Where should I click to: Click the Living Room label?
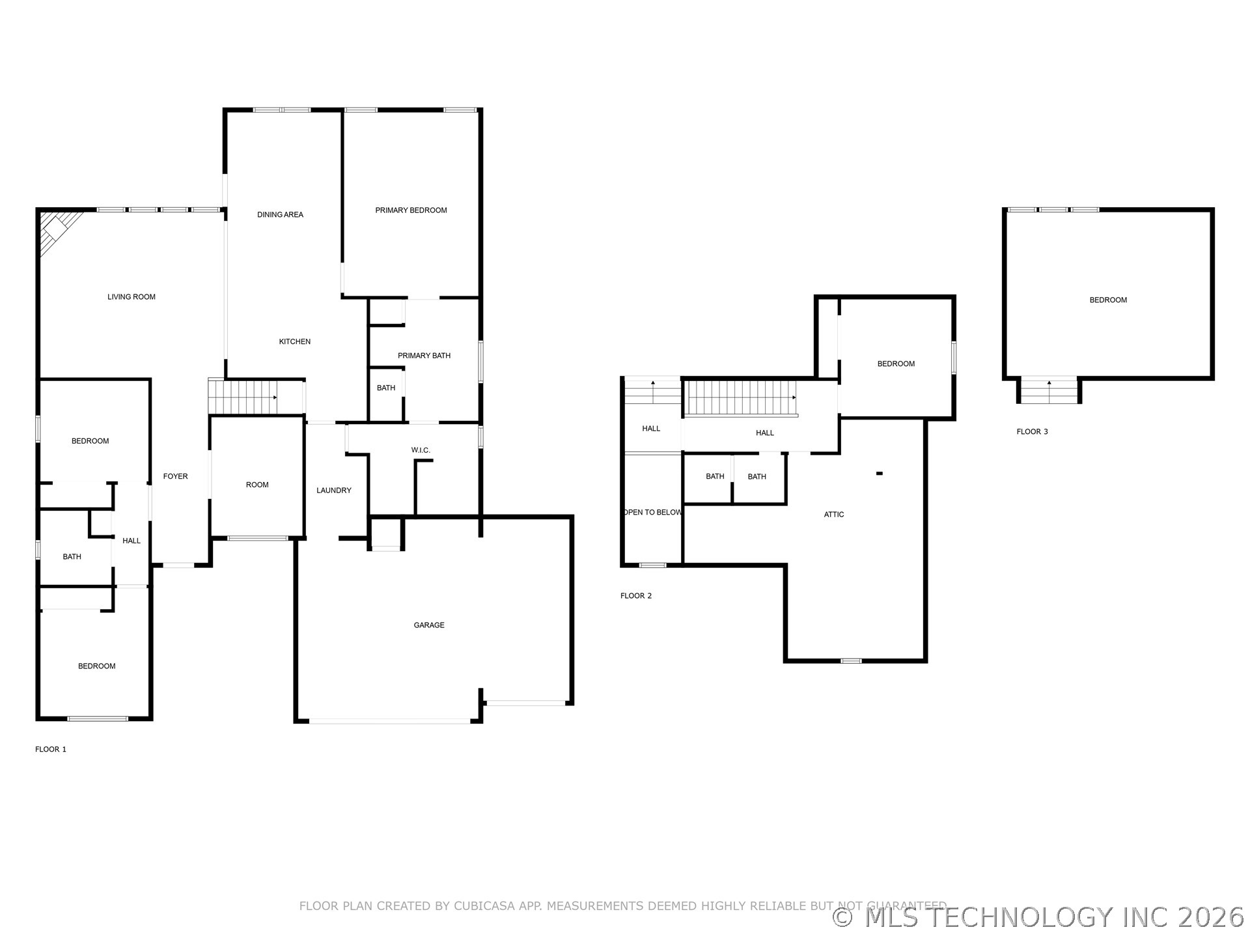pyautogui.click(x=132, y=297)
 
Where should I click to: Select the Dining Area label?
pyautogui.click(x=280, y=214)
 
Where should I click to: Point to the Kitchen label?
pyautogui.click(x=295, y=341)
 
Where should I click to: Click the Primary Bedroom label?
pyautogui.click(x=411, y=210)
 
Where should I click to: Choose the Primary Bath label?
pyautogui.click(x=424, y=356)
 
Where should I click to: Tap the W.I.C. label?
pyautogui.click(x=421, y=450)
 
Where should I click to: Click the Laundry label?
pyautogui.click(x=334, y=490)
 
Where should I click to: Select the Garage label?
pyautogui.click(x=429, y=625)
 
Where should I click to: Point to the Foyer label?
pyautogui.click(x=175, y=477)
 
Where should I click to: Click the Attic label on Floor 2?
pyautogui.click(x=834, y=515)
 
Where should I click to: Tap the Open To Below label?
pyautogui.click(x=652, y=513)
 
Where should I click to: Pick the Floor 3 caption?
pyautogui.click(x=1033, y=432)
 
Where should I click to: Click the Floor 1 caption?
pyautogui.click(x=51, y=750)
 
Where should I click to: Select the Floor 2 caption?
pyautogui.click(x=636, y=596)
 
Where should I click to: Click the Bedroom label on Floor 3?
pyautogui.click(x=1108, y=300)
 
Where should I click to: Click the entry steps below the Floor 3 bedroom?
pyautogui.click(x=1049, y=391)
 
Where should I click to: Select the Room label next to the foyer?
pyautogui.click(x=257, y=485)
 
